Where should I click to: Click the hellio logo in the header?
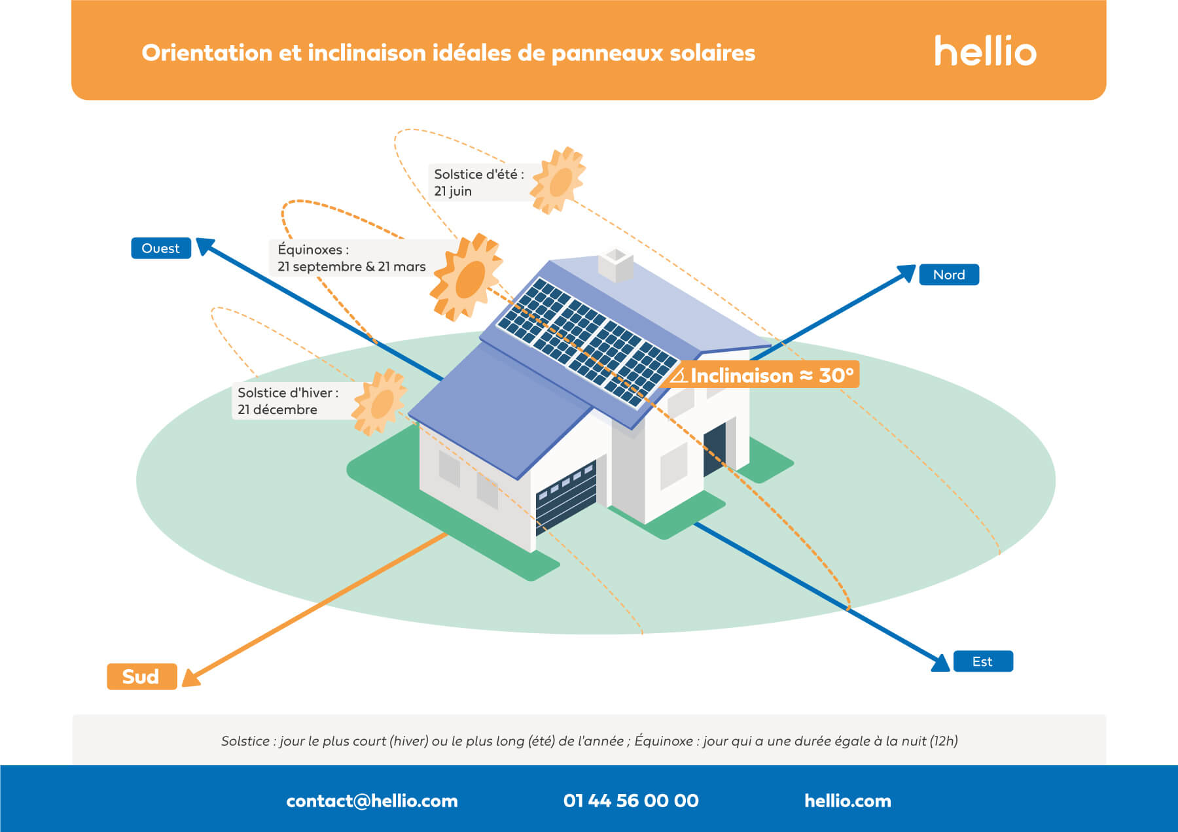[x=985, y=52]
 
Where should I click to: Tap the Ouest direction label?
[x=161, y=249]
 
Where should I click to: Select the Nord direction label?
[x=949, y=275]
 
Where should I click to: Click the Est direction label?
[x=982, y=661]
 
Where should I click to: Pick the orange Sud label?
[x=141, y=676]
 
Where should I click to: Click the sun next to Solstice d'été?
[x=558, y=181]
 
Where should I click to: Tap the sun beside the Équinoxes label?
[x=467, y=277]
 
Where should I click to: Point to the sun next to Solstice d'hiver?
[x=380, y=402]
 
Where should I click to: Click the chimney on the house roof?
[x=616, y=264]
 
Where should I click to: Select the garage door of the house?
[x=566, y=496]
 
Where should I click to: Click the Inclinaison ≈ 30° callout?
[x=763, y=375]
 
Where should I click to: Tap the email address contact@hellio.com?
[x=372, y=801]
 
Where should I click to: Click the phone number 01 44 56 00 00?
[x=631, y=801]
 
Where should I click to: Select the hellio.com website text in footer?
[x=848, y=801]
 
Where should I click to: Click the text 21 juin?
[x=453, y=191]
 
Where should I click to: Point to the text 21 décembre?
[x=277, y=409]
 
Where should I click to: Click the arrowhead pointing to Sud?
[x=190, y=678]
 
